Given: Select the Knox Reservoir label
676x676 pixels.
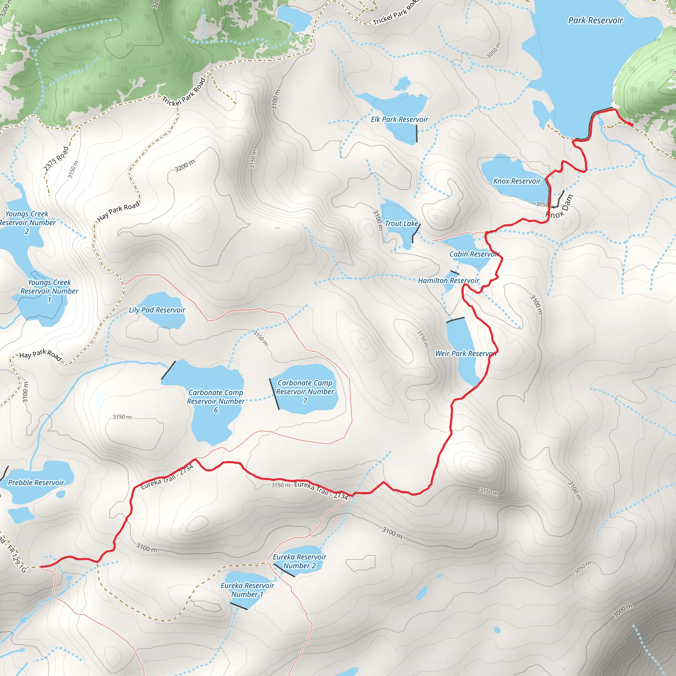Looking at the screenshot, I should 517,181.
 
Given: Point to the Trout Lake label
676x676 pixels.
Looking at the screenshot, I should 401,223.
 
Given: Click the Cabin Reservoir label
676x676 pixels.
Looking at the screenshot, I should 474,254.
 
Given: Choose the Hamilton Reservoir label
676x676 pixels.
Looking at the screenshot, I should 448,281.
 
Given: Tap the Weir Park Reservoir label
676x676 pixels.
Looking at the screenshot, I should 465,354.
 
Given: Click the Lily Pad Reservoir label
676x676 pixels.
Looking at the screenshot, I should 157,310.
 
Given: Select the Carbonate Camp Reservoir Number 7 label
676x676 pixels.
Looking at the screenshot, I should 305,391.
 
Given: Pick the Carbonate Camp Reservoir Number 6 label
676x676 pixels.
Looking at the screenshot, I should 216,401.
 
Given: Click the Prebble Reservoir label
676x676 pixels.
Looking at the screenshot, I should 36,483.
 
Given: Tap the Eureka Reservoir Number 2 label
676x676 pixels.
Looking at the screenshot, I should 299,561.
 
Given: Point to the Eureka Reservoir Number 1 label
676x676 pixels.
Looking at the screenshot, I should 247,590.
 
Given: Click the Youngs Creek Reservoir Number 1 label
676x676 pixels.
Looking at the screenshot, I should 49,291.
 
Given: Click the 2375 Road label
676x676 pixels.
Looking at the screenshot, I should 56,159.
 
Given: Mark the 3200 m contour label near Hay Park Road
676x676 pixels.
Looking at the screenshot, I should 185,165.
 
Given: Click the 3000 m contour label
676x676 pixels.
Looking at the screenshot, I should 623,611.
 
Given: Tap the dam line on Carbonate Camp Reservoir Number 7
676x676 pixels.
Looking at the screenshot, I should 274,394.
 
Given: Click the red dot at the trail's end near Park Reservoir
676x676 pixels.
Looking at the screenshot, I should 631,125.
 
